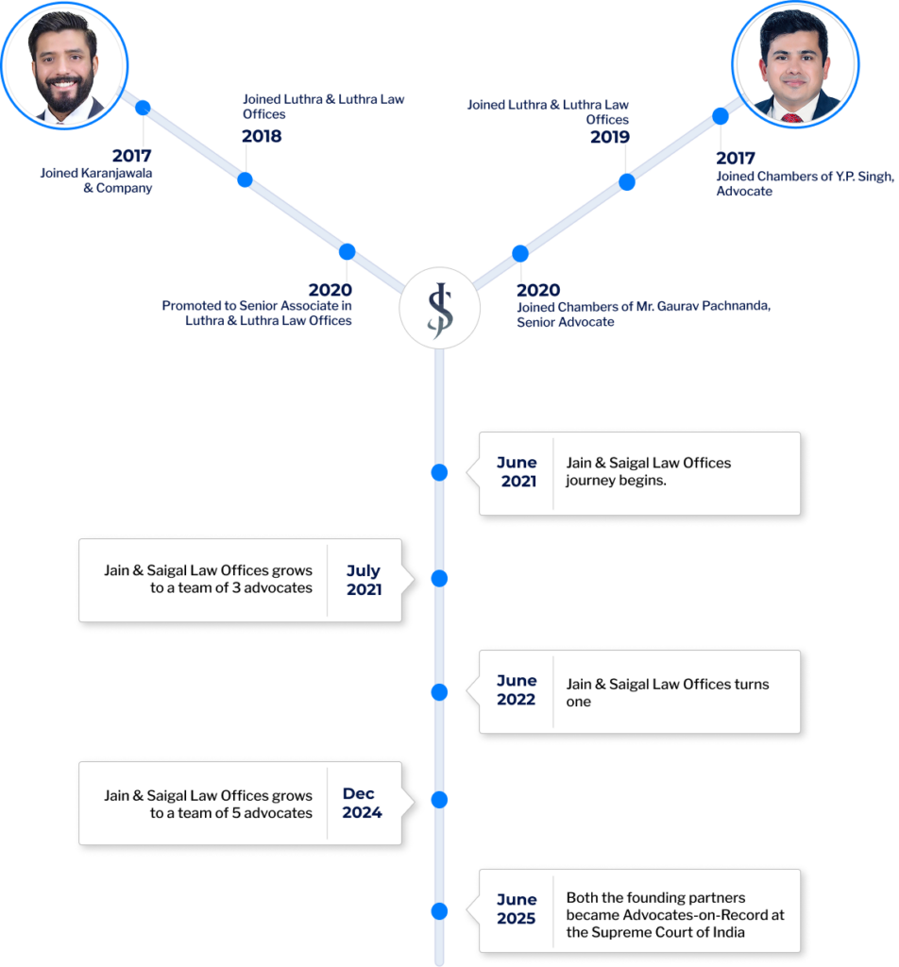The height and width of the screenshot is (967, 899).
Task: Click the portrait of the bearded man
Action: (64, 65)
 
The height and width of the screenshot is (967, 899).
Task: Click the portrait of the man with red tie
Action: (795, 64)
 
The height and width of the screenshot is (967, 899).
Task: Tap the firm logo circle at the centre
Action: (440, 308)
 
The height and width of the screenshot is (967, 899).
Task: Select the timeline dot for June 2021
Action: (440, 472)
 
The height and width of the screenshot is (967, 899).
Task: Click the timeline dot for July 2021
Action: (440, 579)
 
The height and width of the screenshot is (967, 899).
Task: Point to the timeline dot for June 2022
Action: (440, 692)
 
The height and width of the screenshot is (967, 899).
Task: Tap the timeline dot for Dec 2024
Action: (440, 800)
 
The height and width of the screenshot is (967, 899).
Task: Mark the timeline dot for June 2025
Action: (440, 911)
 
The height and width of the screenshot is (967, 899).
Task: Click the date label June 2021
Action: (517, 472)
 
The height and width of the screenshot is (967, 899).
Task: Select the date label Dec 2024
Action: (362, 803)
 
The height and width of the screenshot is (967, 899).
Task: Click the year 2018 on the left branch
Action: (262, 136)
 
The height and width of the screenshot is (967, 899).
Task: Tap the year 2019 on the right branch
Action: (610, 137)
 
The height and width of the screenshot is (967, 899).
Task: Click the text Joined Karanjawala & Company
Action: (96, 180)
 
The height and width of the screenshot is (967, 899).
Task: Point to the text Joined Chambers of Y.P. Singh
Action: (805, 177)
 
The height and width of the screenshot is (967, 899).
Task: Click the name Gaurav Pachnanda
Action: (714, 306)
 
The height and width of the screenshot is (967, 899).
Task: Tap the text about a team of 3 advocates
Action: (208, 579)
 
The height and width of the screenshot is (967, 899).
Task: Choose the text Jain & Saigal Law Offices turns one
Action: (668, 692)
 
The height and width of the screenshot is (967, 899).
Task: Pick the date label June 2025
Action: (517, 909)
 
